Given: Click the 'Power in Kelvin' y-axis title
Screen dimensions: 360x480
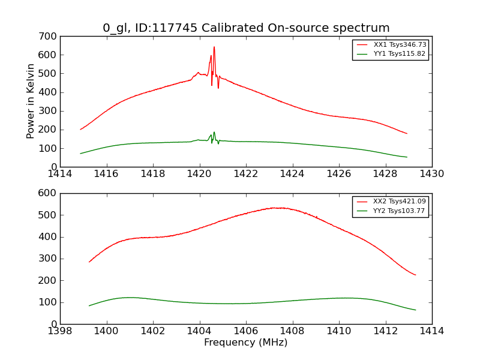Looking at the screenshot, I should click(31, 101).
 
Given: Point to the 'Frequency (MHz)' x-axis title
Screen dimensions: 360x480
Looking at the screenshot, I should click(246, 343).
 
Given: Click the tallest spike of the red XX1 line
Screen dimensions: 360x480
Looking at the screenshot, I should click(214, 47).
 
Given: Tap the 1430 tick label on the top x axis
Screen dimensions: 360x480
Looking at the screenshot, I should click(432, 174).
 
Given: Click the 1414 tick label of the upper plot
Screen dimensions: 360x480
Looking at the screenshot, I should click(60, 174).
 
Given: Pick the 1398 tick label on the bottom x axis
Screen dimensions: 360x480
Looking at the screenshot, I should click(60, 331).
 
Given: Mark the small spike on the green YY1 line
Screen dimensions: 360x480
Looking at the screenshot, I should click(214, 133).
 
